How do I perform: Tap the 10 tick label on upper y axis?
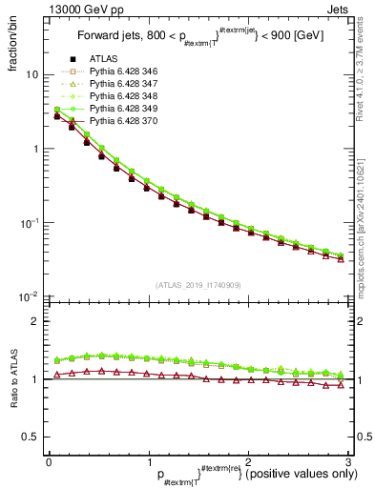click(31, 74)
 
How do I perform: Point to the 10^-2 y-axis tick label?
click(28, 296)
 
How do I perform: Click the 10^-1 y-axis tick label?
click(28, 222)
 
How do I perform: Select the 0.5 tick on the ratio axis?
click(29, 437)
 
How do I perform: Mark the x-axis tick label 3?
click(349, 461)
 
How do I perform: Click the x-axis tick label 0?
click(49, 461)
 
